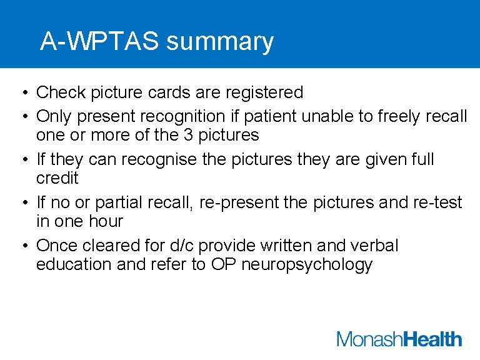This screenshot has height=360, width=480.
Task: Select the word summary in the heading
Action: pos(220,42)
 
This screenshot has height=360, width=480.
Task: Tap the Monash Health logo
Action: pos(399,339)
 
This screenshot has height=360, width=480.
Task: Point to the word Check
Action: pos(60,92)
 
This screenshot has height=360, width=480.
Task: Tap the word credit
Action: pos(57,178)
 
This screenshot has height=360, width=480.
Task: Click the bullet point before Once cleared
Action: pos(22,246)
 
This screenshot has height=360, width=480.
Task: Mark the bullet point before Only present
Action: pos(22,117)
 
